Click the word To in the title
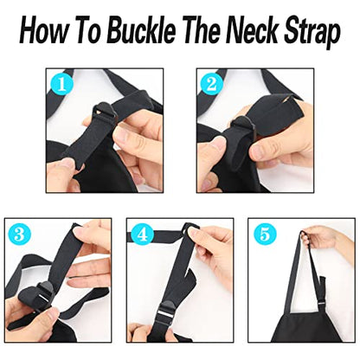pos(89,30)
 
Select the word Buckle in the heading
pos(142,30)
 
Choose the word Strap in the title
pos(312,32)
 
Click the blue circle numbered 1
pos(62,85)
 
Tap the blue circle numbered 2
pos(212,85)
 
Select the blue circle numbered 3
pos(20,235)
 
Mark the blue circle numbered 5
pos(265,235)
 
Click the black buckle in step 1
pos(104,112)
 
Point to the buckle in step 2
pos(243,125)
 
